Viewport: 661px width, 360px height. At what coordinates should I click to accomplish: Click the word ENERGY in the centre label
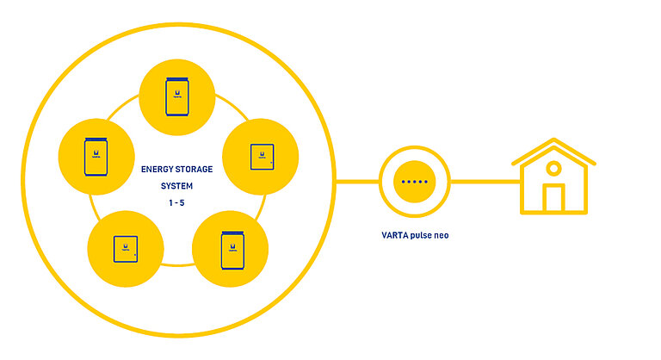[x=156, y=169]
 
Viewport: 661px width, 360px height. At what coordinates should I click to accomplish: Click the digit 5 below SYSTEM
[x=182, y=202]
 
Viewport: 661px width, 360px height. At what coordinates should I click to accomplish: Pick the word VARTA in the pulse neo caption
[x=395, y=234]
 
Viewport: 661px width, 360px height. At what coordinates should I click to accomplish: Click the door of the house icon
[x=553, y=198]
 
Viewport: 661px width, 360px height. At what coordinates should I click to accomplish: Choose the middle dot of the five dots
[x=415, y=182]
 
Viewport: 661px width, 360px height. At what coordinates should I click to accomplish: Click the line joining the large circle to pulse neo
[x=357, y=182]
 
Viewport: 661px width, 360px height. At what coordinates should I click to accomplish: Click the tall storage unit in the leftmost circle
[x=95, y=157]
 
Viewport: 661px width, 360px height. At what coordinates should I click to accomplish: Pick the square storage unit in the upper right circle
[x=260, y=156]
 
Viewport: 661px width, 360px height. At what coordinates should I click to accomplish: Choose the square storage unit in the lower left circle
[x=126, y=248]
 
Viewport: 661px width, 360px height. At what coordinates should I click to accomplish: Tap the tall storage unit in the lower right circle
[x=229, y=250]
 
